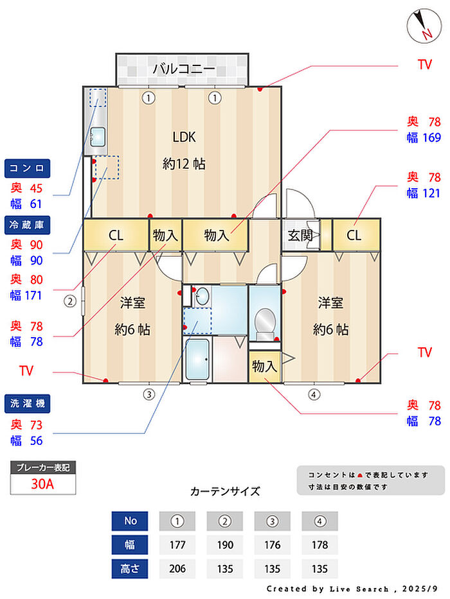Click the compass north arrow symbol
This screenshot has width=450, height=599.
[424, 26]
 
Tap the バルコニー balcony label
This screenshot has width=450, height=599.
[184, 69]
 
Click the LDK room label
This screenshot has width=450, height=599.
[184, 137]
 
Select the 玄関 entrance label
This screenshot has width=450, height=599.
[300, 236]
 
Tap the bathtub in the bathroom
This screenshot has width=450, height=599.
[197, 359]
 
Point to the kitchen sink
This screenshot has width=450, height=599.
[98, 137]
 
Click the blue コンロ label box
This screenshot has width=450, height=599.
[27, 168]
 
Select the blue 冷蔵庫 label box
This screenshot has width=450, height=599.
[27, 225]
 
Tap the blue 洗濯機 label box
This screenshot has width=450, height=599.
[27, 404]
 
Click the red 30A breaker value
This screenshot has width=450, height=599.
[42, 484]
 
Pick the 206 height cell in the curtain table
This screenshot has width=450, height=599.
[177, 569]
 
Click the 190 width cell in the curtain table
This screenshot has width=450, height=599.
[225, 545]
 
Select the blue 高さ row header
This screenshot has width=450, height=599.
[130, 569]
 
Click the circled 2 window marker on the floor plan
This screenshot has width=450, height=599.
[69, 302]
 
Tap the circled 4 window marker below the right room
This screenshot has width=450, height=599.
[314, 394]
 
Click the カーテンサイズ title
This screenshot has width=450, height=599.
[225, 491]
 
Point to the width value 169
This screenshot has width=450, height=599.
[432, 137]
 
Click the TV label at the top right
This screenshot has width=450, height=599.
[425, 65]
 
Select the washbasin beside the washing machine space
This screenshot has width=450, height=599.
[202, 296]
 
